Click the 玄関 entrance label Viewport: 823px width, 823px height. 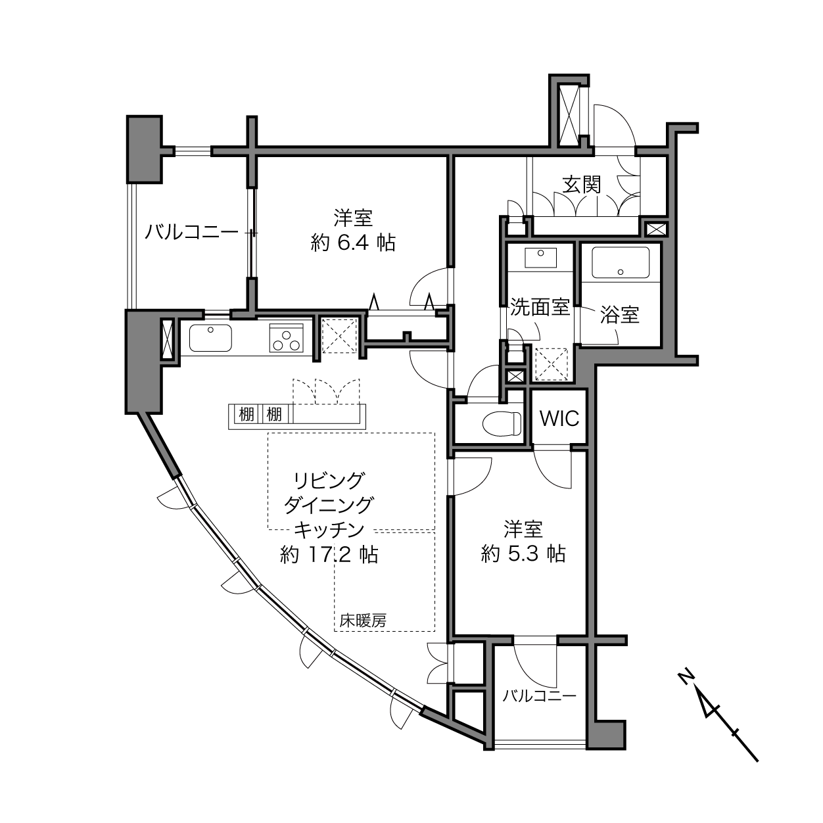pos(581,185)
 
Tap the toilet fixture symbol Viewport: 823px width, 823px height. pos(502,424)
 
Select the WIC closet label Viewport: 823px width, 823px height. pos(559,419)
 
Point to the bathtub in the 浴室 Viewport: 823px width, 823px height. pos(620,262)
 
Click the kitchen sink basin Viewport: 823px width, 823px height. pos(210,337)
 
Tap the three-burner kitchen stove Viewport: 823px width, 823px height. pos(286,338)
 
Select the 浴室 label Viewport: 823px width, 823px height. pos(620,314)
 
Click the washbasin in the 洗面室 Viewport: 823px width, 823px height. pos(541,258)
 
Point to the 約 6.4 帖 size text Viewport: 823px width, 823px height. pos(353,243)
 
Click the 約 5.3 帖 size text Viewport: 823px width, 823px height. pos(523,554)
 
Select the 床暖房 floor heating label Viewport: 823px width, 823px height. pos(363,620)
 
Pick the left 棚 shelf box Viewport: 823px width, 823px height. pos(247,414)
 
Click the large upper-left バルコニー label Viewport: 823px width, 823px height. pos(192,232)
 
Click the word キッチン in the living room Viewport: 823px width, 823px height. pos(329,530)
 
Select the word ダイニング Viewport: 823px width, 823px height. pos(329,505)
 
